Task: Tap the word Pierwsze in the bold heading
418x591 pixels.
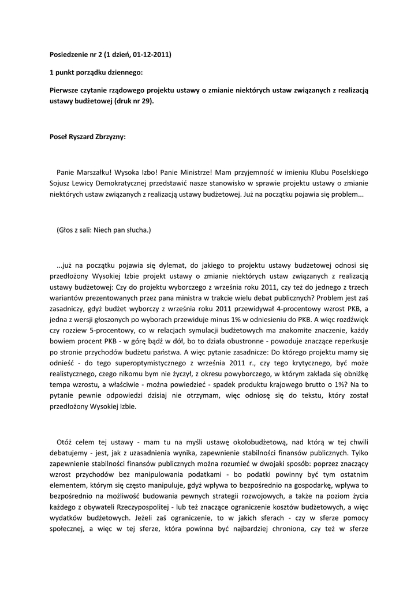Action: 65,91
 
